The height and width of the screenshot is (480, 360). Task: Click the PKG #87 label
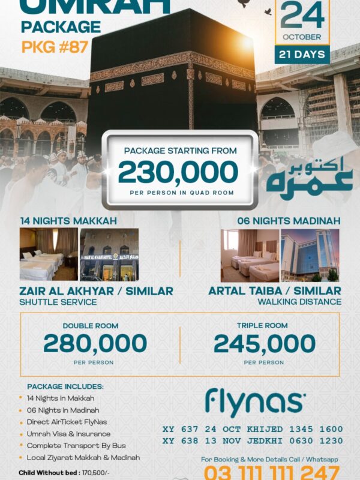(55, 47)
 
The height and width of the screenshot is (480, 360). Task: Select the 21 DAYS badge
(302, 55)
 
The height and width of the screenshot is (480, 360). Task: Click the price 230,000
(178, 173)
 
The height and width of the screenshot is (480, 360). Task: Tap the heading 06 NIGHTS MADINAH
(289, 221)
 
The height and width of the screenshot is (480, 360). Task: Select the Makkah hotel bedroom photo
(49, 254)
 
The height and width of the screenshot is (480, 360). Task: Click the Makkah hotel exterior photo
(109, 254)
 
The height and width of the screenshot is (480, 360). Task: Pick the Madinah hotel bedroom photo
(250, 255)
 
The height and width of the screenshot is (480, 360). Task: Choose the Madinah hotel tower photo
(310, 255)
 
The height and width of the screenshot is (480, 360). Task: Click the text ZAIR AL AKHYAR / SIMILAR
(97, 291)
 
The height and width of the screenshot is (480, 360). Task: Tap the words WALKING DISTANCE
(299, 302)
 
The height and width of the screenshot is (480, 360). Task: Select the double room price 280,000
(95, 344)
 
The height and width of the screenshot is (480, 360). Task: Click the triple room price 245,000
(264, 344)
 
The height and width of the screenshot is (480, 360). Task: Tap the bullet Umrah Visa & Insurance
(68, 434)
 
